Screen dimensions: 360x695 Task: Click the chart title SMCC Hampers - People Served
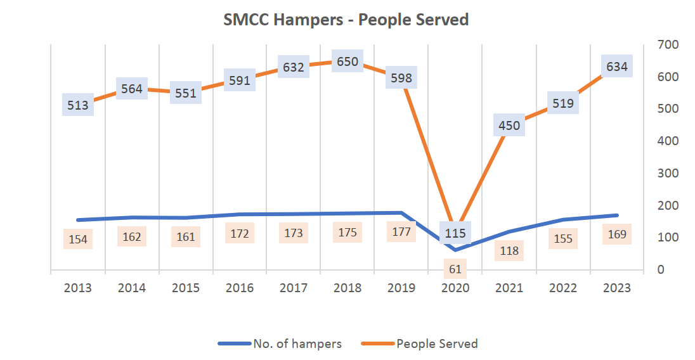pyautogui.click(x=346, y=20)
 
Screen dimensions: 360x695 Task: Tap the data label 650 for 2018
pyautogui.click(x=347, y=61)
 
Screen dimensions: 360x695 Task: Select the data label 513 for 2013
pyautogui.click(x=78, y=105)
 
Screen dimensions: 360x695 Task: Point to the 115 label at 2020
pyautogui.click(x=455, y=233)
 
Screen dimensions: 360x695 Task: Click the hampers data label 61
pyautogui.click(x=455, y=269)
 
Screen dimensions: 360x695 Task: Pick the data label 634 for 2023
pyautogui.click(x=616, y=67)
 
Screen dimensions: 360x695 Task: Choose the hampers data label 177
pyautogui.click(x=401, y=232)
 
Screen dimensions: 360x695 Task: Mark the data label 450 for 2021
pyautogui.click(x=509, y=125)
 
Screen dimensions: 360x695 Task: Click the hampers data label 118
pyautogui.click(x=509, y=251)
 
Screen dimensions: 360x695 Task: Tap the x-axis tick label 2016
pyautogui.click(x=239, y=288)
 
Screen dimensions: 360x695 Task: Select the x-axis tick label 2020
pyautogui.click(x=455, y=288)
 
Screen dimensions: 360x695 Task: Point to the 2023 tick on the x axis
pyautogui.click(x=616, y=288)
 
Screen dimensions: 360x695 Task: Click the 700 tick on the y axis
pyautogui.click(x=668, y=44)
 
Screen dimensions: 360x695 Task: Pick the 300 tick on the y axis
pyautogui.click(x=668, y=173)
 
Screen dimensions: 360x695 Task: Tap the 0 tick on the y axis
pyautogui.click(x=660, y=269)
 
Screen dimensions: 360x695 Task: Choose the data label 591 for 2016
pyautogui.click(x=239, y=80)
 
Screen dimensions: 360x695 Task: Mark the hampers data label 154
pyautogui.click(x=78, y=240)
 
